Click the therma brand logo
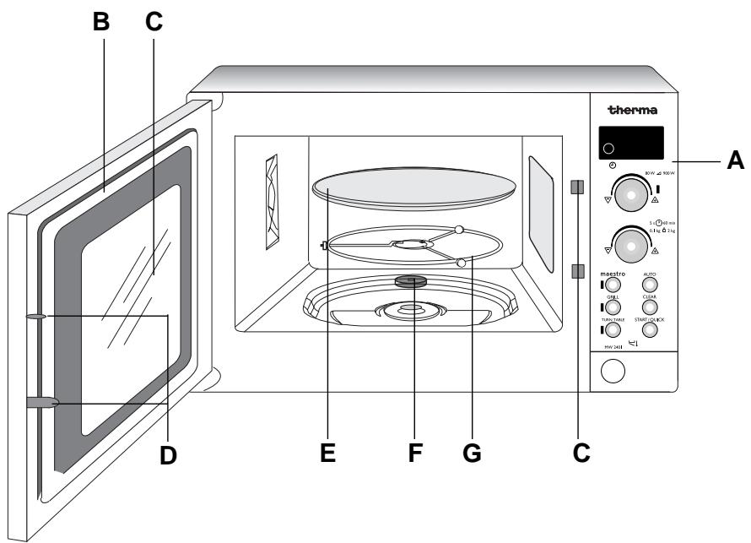tap(632, 110)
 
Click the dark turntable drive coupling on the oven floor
tap(409, 282)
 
